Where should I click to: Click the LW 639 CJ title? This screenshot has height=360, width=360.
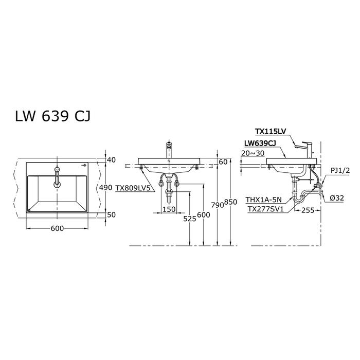click(x=53, y=116)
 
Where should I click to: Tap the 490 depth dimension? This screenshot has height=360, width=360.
click(x=105, y=188)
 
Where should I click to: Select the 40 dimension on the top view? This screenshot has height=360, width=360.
click(x=112, y=160)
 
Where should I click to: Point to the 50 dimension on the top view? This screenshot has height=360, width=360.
click(x=112, y=214)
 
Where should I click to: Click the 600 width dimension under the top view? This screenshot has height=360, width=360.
click(x=57, y=228)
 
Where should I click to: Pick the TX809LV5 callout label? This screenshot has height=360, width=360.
click(x=133, y=188)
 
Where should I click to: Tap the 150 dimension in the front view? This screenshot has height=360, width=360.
click(x=169, y=209)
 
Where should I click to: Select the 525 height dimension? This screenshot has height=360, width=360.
click(x=190, y=219)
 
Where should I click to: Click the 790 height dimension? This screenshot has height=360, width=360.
click(x=218, y=205)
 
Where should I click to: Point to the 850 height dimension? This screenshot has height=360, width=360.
click(x=230, y=202)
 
